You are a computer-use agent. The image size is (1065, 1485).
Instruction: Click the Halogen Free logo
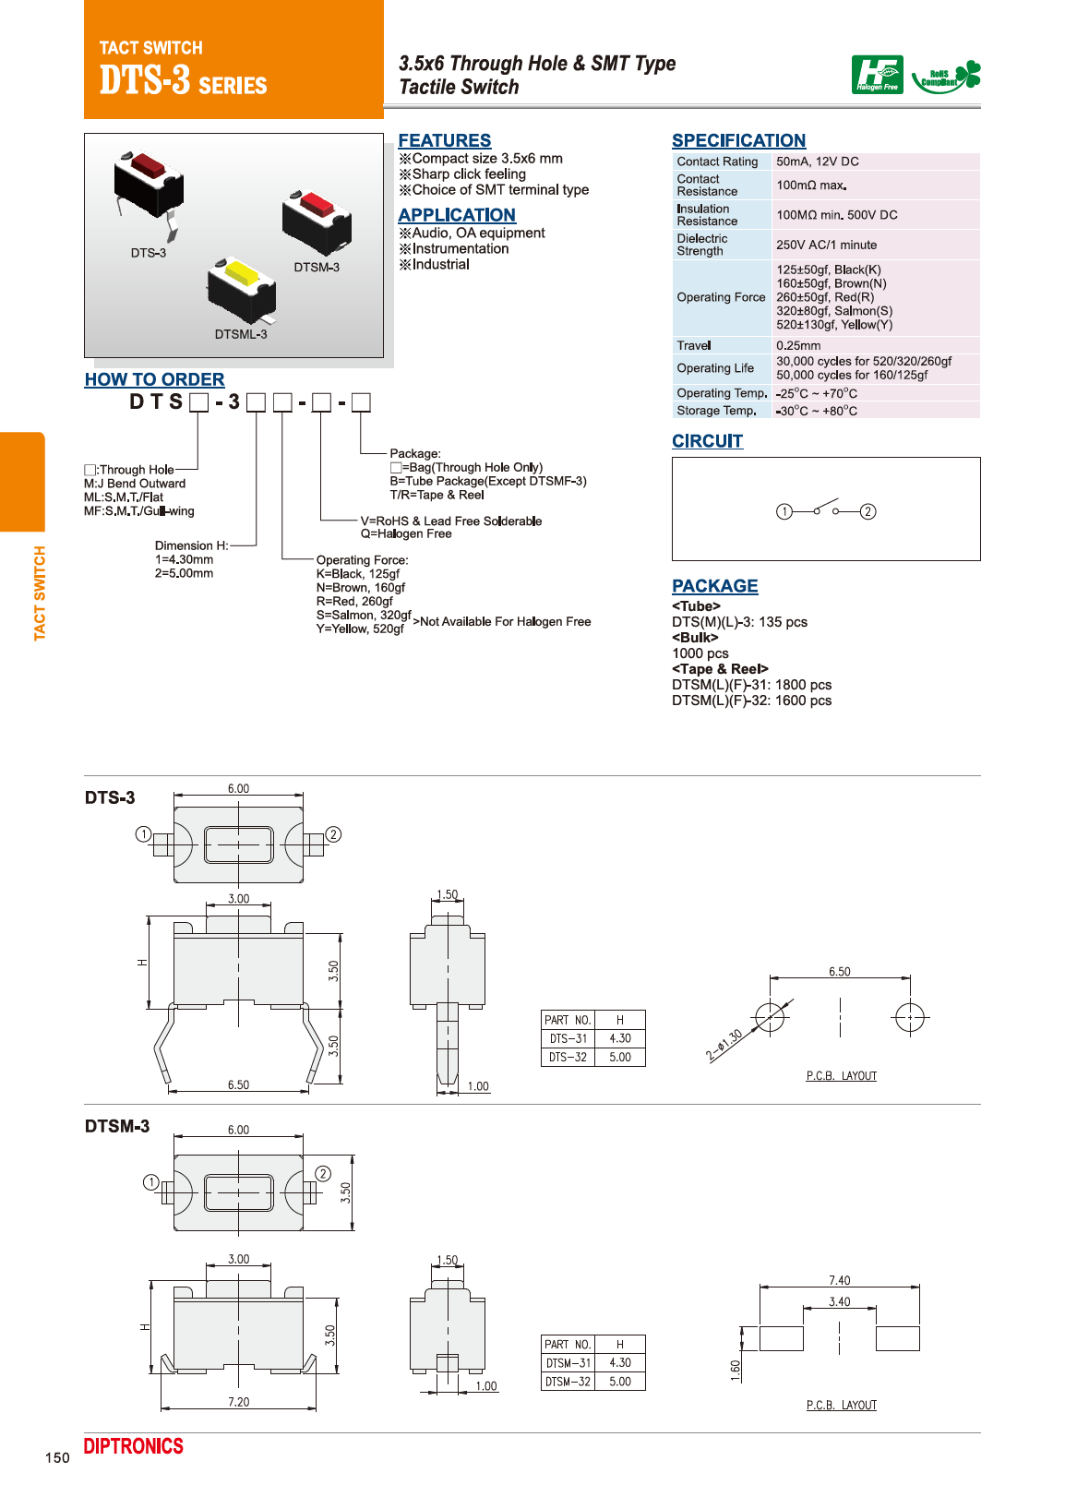[x=877, y=75]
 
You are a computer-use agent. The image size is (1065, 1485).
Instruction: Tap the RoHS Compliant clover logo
[x=946, y=76]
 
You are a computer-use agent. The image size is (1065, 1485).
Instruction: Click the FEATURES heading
[x=444, y=140]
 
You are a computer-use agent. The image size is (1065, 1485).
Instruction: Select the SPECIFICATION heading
[x=738, y=140]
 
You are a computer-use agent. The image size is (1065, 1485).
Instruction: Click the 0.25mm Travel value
[x=798, y=345]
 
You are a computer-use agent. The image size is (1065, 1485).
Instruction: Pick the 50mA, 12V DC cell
[x=817, y=162]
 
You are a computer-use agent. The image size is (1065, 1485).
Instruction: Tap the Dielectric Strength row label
[x=702, y=245]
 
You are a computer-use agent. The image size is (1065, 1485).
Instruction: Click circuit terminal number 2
[x=868, y=511]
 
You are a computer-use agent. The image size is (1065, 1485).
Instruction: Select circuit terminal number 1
[x=784, y=511]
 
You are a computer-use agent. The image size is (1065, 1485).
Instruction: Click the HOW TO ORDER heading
[x=154, y=379]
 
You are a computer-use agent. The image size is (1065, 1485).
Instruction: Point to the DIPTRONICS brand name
[x=134, y=1446]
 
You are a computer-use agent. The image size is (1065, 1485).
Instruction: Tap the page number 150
[x=57, y=1457]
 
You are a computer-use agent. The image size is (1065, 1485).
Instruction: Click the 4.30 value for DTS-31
[x=620, y=1038]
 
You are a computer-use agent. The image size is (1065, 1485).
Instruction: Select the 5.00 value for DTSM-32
[x=620, y=1382]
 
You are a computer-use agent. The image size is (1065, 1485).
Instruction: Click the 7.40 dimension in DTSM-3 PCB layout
[x=839, y=1280]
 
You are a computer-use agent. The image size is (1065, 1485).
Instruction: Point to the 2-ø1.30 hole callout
[x=724, y=1045]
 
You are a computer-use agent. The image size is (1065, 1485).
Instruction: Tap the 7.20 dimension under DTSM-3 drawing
[x=238, y=1402]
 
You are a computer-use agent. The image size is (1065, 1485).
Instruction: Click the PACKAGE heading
[x=714, y=586]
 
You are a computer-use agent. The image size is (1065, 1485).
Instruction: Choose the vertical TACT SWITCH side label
[x=40, y=593]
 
